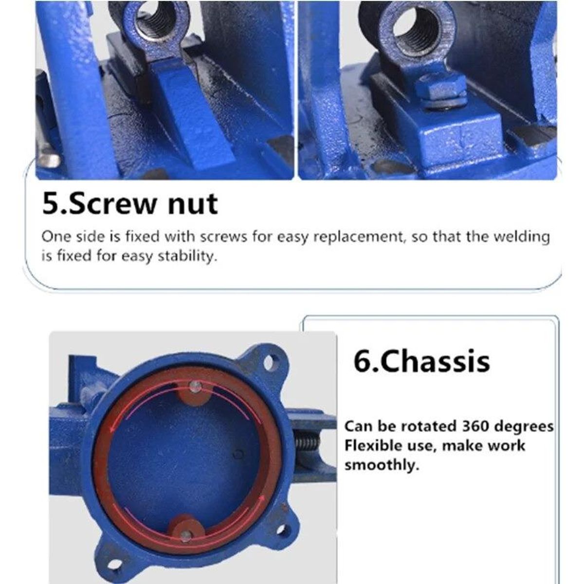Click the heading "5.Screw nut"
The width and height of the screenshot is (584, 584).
click(x=130, y=203)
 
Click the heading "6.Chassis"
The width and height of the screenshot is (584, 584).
click(x=421, y=361)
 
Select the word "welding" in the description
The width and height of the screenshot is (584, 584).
click(x=522, y=237)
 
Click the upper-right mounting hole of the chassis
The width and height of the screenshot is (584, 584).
click(x=269, y=363)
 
